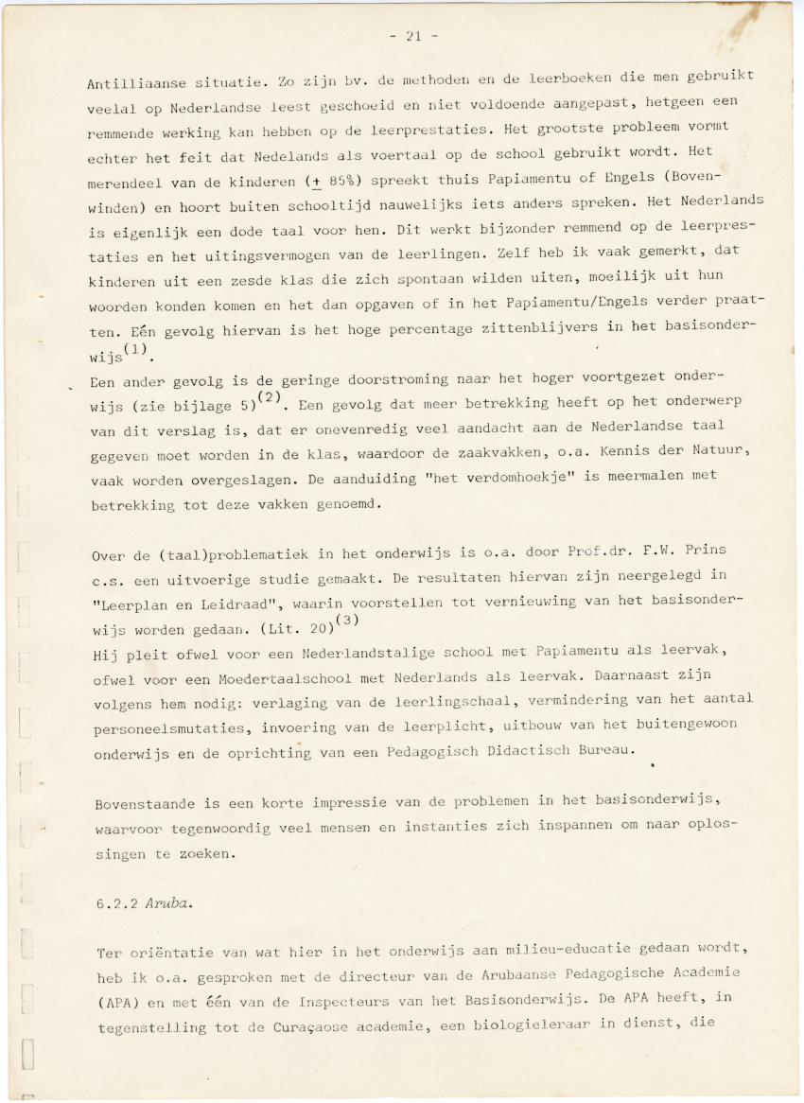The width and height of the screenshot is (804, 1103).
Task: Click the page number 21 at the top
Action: [413, 36]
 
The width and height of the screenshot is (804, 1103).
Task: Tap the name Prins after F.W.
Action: [706, 550]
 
